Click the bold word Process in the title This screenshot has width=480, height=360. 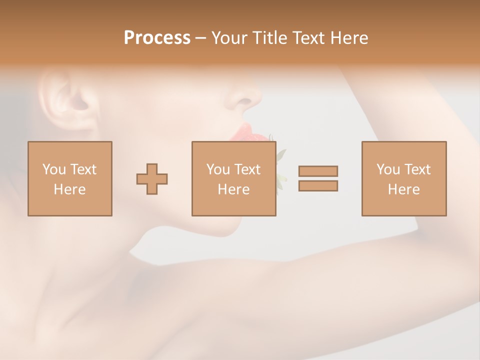(x=157, y=38)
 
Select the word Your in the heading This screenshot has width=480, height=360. (x=229, y=38)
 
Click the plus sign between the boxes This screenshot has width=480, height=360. (x=152, y=178)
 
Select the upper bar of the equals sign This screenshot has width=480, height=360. (x=318, y=171)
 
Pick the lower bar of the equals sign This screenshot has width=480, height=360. (x=318, y=185)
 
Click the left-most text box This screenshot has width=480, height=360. (x=69, y=178)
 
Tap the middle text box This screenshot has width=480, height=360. (x=233, y=178)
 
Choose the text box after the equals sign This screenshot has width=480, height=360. (x=403, y=178)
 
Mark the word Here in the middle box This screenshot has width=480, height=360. (x=233, y=189)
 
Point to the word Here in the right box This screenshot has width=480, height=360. (x=403, y=189)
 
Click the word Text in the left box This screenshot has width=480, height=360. (x=83, y=169)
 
